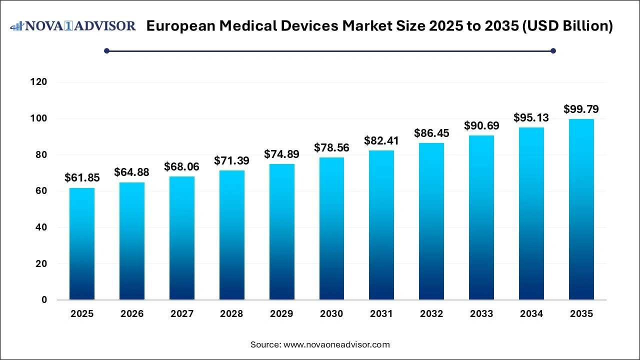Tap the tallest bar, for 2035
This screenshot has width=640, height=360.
581,209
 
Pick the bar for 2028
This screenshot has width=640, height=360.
231,235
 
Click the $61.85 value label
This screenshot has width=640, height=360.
82,177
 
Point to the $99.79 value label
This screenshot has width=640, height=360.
581,109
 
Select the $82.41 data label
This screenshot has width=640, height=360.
381,140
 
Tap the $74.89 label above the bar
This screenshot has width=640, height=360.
281,154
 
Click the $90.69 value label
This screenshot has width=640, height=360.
481,125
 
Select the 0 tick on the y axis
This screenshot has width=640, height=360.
44,300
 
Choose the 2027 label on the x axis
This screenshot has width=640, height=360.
181,314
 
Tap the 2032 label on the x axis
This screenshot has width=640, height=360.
431,314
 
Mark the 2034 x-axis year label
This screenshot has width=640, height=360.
531,314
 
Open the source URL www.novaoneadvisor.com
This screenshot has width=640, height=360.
336,344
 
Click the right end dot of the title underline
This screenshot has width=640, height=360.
553,50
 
